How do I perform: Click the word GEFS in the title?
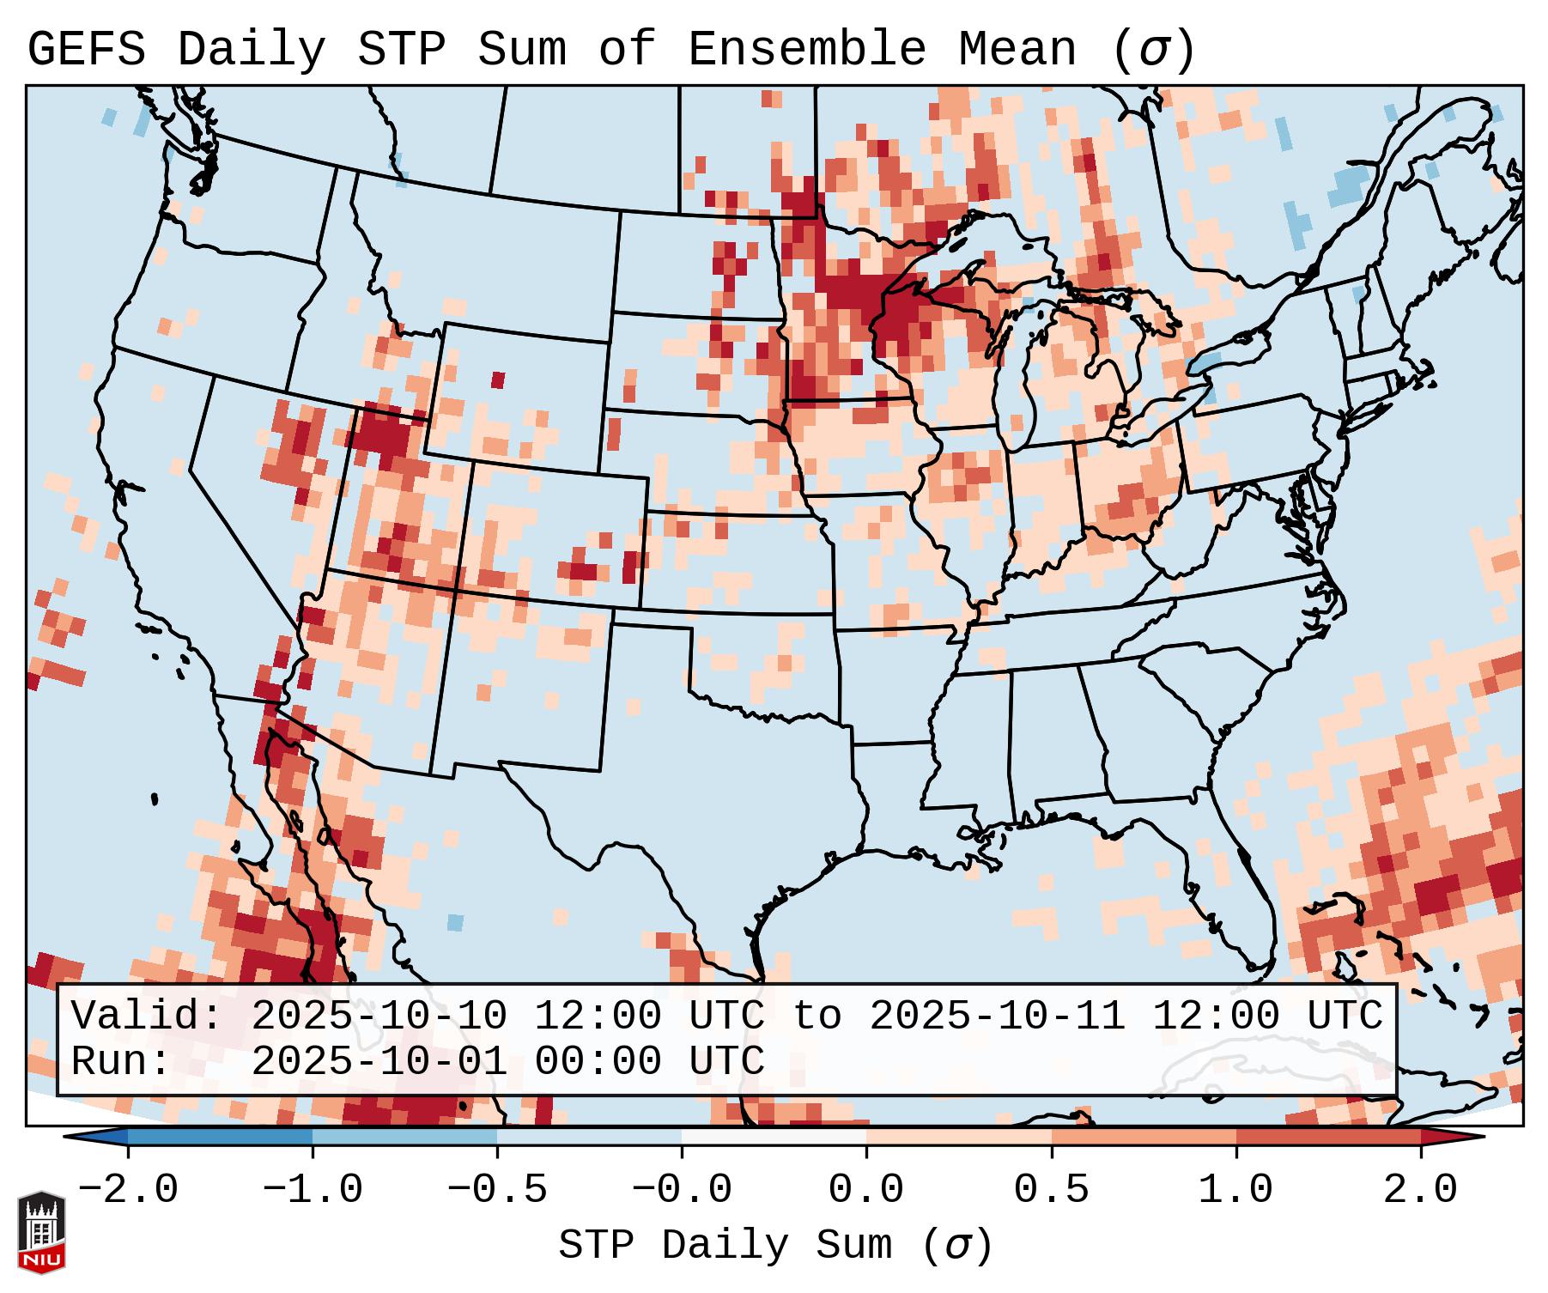click(86, 50)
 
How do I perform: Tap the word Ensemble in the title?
click(806, 50)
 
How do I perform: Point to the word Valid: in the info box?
click(147, 1017)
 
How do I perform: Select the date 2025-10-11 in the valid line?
click(997, 1017)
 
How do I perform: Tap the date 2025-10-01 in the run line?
click(379, 1062)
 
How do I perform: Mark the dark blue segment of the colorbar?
click(220, 1137)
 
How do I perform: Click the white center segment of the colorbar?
click(774, 1137)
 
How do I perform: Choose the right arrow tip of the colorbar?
click(1473, 1137)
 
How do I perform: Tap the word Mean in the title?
click(1017, 50)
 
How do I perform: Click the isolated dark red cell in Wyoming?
click(498, 379)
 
